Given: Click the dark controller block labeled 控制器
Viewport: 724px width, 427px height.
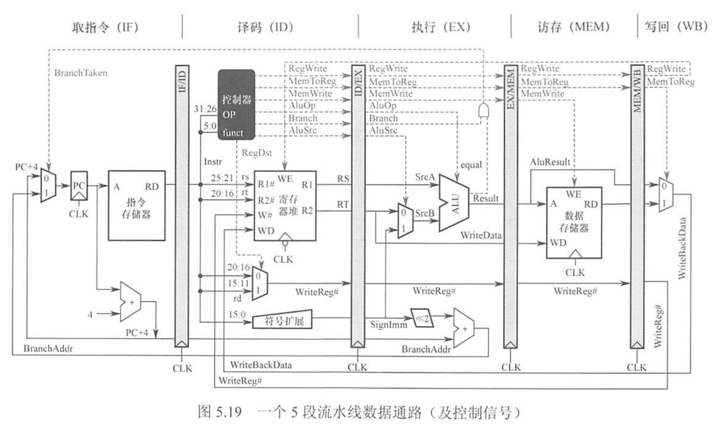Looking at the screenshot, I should pos(236,104).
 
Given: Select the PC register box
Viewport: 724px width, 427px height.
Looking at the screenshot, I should pos(79,186).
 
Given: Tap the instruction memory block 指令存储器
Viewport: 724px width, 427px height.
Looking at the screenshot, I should pos(136,206).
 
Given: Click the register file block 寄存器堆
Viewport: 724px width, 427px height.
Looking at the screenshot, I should pos(285,206).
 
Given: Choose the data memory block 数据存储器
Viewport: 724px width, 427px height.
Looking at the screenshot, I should pos(574,222).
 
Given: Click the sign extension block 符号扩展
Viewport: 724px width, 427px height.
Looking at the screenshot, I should pos(283,320).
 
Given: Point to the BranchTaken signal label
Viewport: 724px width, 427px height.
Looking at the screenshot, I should pos(81,73).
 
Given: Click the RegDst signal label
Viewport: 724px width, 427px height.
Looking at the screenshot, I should pos(257,153).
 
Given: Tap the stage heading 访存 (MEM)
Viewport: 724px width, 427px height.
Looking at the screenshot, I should pos(573,27).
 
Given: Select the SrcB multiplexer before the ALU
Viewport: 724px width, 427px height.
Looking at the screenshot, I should pos(405,220).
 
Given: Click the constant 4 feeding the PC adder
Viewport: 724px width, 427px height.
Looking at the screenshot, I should pos(90,314).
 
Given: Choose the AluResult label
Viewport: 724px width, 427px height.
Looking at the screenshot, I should pos(550,162).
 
